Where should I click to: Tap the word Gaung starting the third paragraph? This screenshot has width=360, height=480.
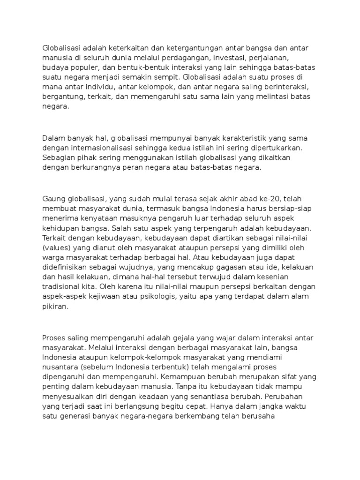[52, 198]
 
